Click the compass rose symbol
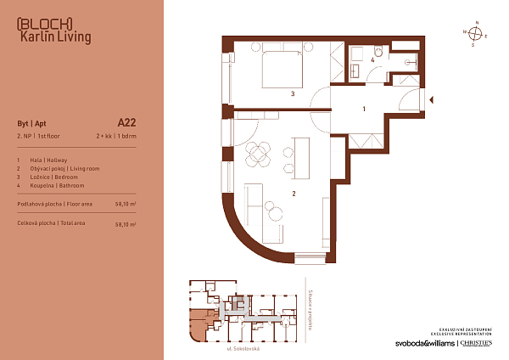(x=477, y=34)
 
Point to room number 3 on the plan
(x=292, y=94)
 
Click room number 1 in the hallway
(x=364, y=109)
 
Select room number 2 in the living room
(x=293, y=194)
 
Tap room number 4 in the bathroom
(x=372, y=60)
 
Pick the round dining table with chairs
(x=258, y=155)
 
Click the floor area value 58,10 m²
(x=125, y=205)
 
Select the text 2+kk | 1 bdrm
(x=115, y=136)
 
